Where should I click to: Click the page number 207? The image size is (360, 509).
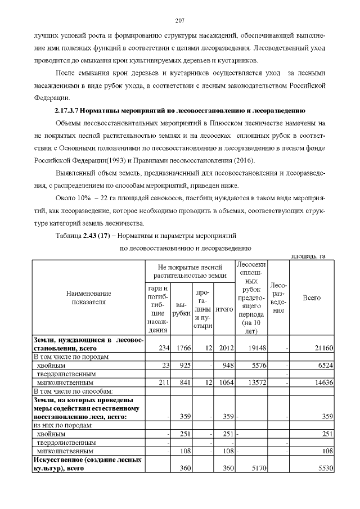point(180,21)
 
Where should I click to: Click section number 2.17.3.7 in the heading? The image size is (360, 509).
point(67,109)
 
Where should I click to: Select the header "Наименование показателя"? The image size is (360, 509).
point(89,298)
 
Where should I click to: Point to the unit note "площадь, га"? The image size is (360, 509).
point(308,256)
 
